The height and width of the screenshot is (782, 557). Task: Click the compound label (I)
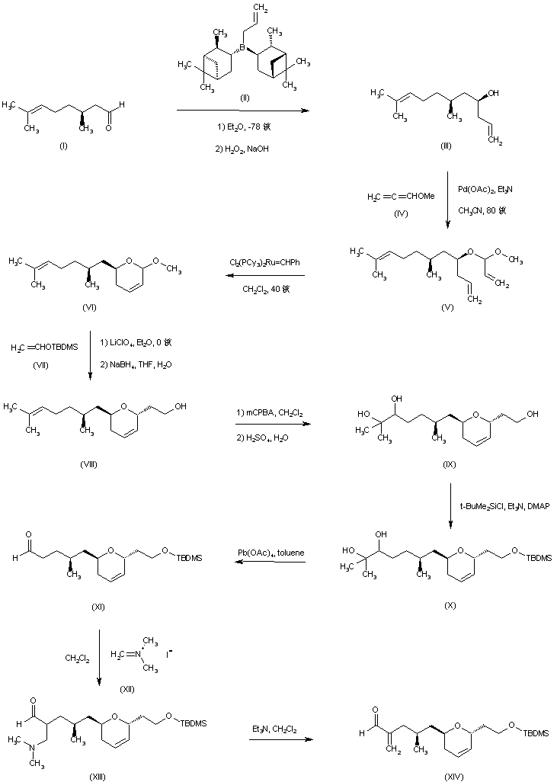[62, 146]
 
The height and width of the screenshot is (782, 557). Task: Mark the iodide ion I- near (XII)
[170, 653]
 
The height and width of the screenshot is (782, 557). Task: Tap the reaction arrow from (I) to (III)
[242, 111]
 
